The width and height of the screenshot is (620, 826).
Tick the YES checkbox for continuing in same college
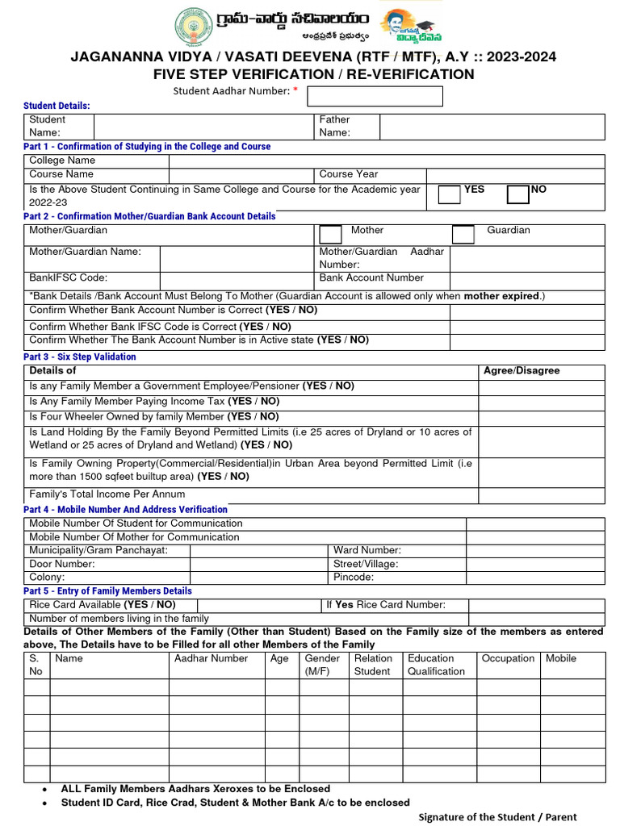coord(449,194)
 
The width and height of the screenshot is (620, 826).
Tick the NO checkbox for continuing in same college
coord(517,194)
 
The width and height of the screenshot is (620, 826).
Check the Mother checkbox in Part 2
coord(330,234)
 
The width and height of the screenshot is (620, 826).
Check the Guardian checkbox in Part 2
coord(463,234)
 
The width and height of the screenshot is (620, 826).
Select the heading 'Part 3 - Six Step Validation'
coord(80,357)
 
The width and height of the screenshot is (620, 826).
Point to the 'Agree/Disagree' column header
coord(521,371)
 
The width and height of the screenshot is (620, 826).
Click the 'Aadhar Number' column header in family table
coord(212,658)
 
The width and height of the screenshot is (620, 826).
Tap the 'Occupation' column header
coord(508,658)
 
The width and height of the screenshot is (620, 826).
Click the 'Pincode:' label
coord(354,578)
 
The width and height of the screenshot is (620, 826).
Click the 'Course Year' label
coord(349,174)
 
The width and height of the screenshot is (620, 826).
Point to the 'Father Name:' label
coord(335,126)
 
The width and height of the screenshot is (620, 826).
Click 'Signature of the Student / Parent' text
coord(497,817)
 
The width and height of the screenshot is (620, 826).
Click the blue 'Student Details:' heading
coord(57,106)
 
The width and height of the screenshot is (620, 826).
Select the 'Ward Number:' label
coord(367,550)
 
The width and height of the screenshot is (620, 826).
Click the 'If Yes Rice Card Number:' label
coord(385,605)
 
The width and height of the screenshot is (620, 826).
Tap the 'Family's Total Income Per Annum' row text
coord(107,494)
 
